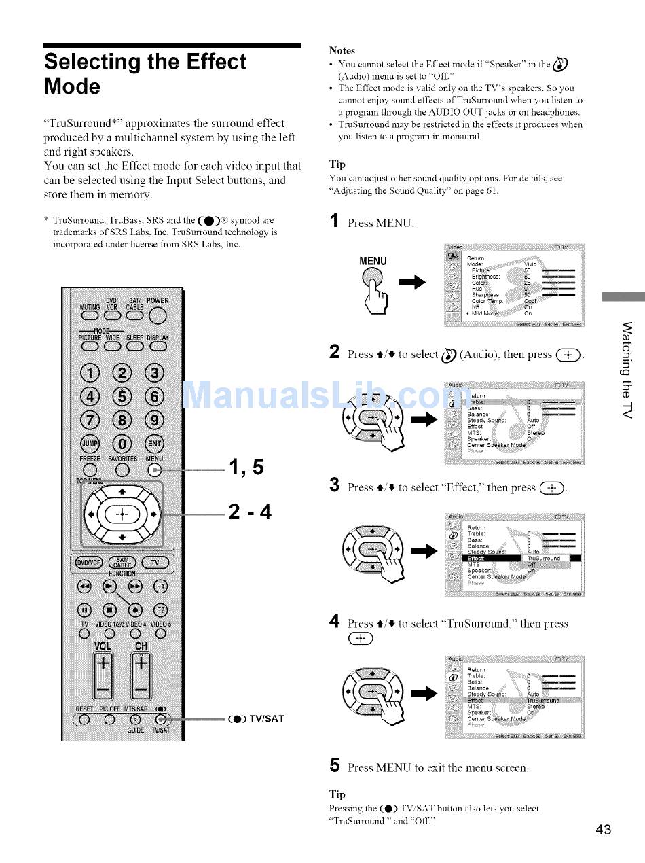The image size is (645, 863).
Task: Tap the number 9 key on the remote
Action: (155, 419)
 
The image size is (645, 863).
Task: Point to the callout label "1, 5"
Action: (247, 468)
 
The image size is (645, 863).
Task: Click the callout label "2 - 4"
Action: (250, 511)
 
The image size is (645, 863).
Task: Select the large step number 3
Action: (334, 485)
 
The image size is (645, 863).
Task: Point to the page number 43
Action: (603, 829)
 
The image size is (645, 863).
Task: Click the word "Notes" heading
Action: (342, 50)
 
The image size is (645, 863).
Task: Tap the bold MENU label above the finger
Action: (373, 261)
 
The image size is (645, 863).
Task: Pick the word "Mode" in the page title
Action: (72, 87)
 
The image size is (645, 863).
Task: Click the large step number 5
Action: (334, 766)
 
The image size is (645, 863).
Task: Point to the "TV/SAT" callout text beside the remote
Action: (265, 718)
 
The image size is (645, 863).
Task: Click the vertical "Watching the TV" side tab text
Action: (627, 371)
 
